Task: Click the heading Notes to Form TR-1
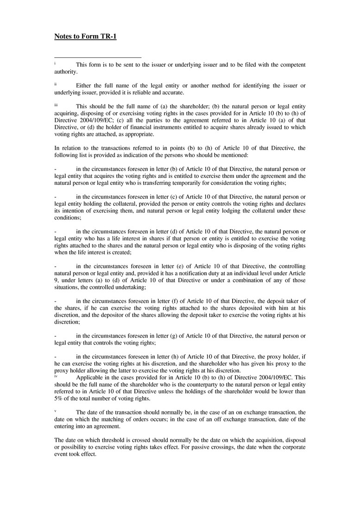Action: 85,36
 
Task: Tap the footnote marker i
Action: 55,63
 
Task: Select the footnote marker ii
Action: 55,84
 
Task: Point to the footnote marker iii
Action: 56,105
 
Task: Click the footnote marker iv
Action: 56,376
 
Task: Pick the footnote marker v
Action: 55,411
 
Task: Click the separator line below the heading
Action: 98,57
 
